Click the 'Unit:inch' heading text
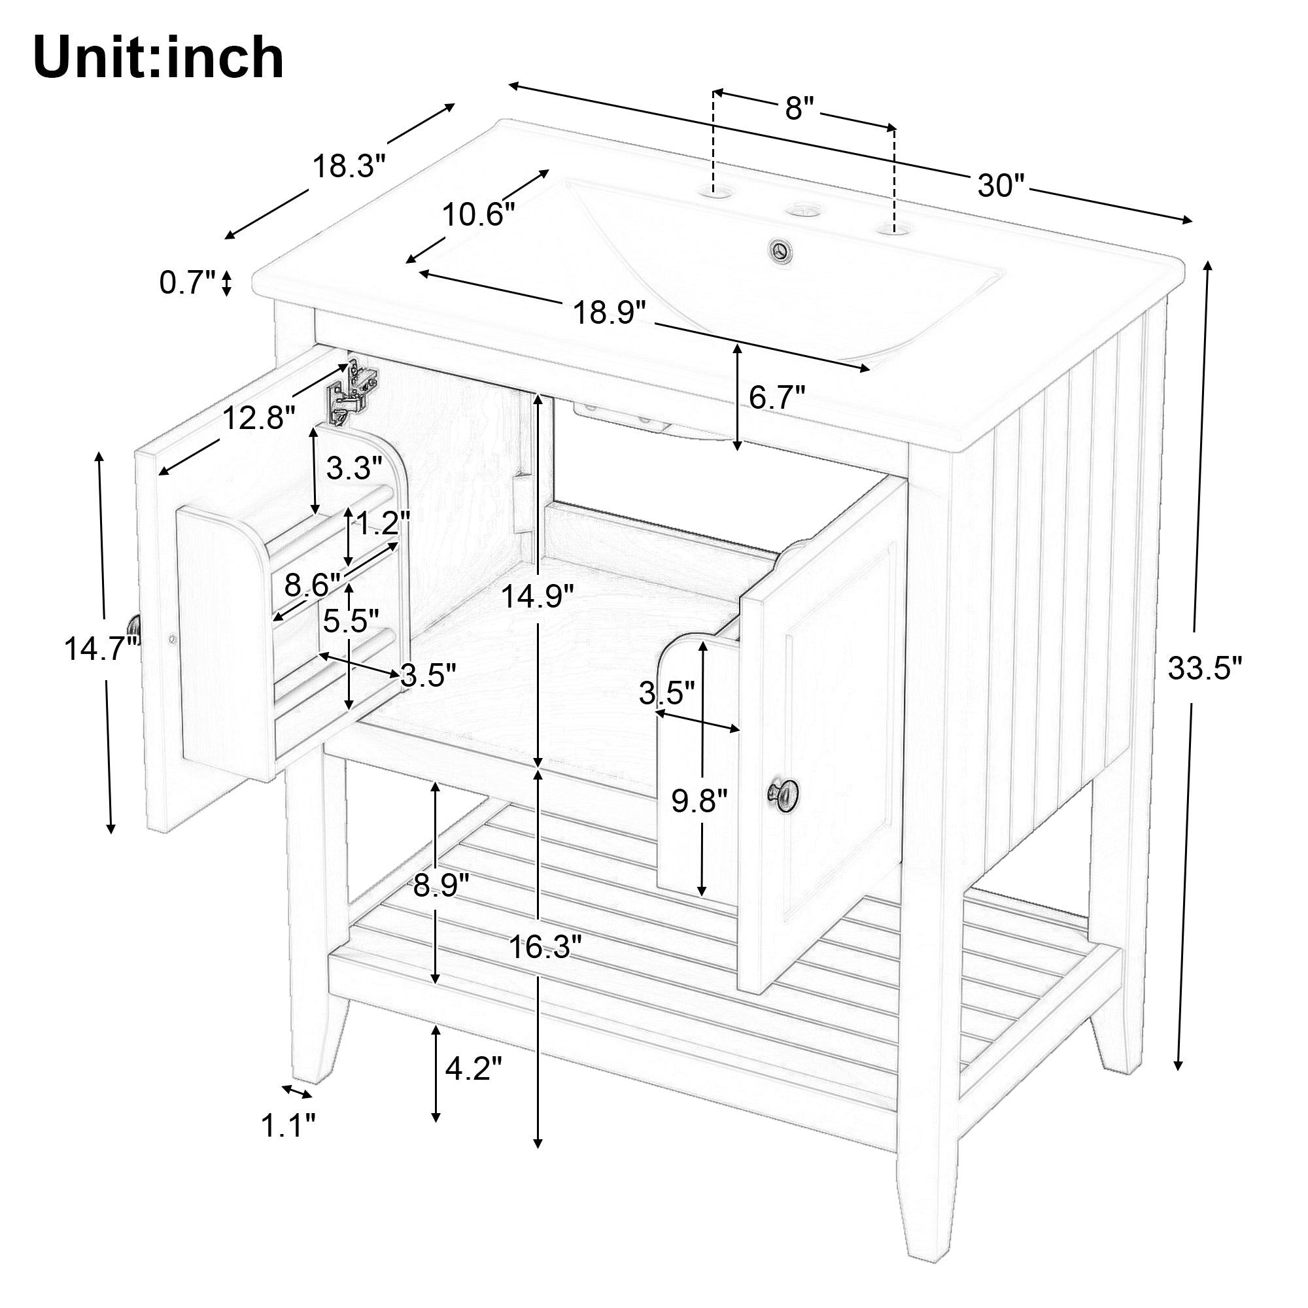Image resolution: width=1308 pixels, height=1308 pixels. tap(158, 59)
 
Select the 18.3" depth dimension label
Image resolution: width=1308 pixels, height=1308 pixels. tap(349, 166)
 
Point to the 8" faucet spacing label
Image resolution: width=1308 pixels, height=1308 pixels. tap(799, 109)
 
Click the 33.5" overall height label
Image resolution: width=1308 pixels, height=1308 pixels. tap(1205, 669)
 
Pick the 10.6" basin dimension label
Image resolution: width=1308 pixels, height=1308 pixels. tap(479, 215)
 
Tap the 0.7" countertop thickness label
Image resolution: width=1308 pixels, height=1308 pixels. tap(188, 283)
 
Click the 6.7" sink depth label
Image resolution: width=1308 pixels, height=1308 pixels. tap(777, 398)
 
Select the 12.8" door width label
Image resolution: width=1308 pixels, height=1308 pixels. tap(259, 419)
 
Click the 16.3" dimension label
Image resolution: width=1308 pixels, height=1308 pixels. tap(545, 947)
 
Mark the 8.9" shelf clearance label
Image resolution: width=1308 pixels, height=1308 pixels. tap(441, 885)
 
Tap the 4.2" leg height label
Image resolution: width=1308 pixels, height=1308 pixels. tap(474, 1069)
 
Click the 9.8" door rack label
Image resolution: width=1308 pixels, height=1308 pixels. tap(699, 802)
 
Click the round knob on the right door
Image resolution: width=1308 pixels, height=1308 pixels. tap(783, 795)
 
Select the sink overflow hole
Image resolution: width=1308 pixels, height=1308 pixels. tap(784, 249)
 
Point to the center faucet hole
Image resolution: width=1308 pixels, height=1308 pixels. tap(804, 210)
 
